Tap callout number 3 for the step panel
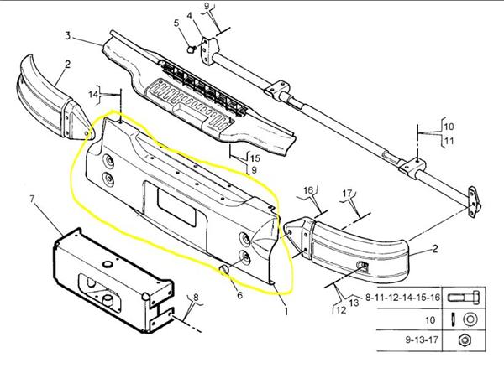tap(66, 35)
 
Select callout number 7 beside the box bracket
tap(31, 200)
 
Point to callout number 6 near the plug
tap(239, 294)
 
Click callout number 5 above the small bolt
tap(176, 23)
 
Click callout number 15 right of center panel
tap(255, 158)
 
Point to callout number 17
tap(346, 194)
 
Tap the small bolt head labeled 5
tap(192, 49)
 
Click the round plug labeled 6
tap(226, 269)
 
